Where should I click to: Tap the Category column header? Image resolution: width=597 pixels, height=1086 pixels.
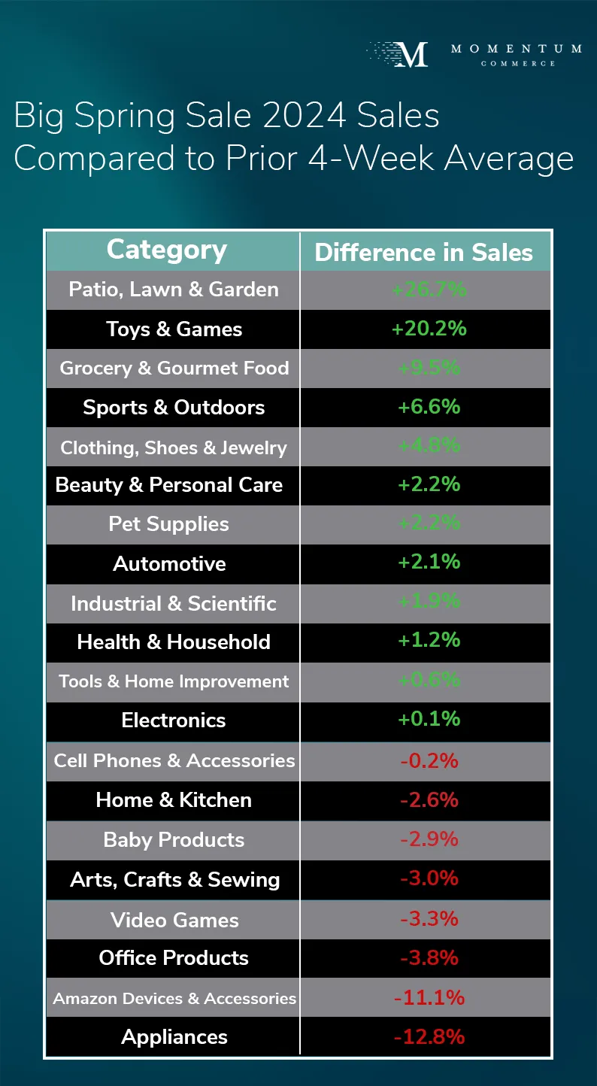[x=167, y=250]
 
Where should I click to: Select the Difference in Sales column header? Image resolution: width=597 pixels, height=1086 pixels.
[x=423, y=253]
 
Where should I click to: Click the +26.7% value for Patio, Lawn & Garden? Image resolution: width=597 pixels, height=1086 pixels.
[x=429, y=290]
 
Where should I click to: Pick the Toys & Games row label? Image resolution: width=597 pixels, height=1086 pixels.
[x=174, y=329]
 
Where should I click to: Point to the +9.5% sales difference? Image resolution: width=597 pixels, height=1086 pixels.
[x=429, y=368]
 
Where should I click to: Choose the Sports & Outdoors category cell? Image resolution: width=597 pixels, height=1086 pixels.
[x=174, y=408]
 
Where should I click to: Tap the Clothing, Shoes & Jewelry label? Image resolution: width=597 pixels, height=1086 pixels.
[x=174, y=447]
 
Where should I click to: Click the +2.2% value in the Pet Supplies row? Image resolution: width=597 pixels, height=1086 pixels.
[x=429, y=523]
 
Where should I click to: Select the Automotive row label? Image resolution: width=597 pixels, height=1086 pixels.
[x=169, y=563]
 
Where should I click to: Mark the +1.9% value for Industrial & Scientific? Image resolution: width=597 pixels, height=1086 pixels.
[x=429, y=602]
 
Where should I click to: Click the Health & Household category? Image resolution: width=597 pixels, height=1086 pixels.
[x=174, y=642]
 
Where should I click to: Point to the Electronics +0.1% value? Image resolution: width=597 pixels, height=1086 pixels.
[x=429, y=719]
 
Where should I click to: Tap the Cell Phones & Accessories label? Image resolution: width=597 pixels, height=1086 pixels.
[x=174, y=760]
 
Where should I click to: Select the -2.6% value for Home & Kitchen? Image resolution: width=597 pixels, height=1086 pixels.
[x=429, y=799]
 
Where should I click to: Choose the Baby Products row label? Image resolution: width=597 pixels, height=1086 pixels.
[x=174, y=840]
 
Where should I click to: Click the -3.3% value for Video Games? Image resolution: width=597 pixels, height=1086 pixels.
[x=429, y=919]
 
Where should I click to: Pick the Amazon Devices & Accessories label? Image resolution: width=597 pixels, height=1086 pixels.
[x=174, y=998]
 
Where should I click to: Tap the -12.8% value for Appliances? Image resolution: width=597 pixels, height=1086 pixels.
[x=429, y=1037]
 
